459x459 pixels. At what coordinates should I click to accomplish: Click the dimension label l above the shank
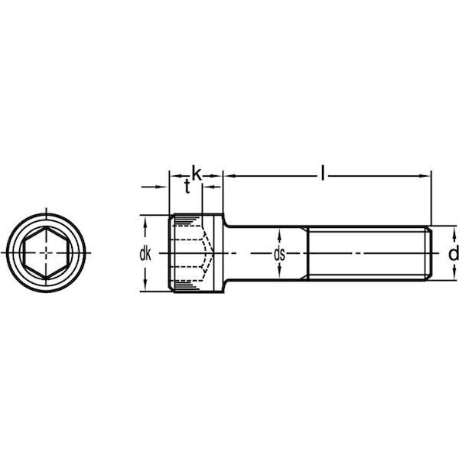[324, 175]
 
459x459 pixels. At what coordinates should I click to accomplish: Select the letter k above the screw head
[196, 174]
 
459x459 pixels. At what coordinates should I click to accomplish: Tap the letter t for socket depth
[186, 187]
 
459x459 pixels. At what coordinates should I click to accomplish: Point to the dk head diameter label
[145, 253]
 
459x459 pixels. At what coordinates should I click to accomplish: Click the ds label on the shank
[279, 253]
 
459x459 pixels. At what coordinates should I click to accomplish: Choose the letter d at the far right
[453, 253]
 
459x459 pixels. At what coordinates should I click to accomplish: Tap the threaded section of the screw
[367, 252]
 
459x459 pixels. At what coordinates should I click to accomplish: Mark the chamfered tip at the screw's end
[429, 252]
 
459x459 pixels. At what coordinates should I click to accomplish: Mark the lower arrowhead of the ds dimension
[279, 275]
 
